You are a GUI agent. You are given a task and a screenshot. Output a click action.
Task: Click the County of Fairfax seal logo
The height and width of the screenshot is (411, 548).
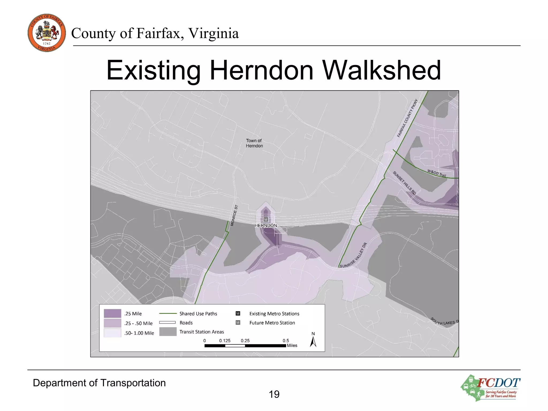tap(47, 33)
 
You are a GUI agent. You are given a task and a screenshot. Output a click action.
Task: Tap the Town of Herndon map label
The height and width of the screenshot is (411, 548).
tap(254, 143)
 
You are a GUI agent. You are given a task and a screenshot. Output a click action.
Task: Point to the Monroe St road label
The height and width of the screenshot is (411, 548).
tap(234, 215)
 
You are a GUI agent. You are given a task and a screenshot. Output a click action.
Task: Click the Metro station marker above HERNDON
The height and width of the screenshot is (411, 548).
tap(266, 219)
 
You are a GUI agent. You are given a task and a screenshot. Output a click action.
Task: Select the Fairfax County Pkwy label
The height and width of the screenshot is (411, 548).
tap(407, 118)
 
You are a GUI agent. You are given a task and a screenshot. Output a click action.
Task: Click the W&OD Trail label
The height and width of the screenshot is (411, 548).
tap(437, 173)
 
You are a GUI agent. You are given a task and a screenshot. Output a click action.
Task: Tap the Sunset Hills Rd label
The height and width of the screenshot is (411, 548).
tap(404, 183)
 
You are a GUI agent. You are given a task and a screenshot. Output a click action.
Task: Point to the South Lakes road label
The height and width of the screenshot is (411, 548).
tap(444, 321)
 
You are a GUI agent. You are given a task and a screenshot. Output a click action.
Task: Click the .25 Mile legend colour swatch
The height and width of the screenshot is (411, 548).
tap(112, 313)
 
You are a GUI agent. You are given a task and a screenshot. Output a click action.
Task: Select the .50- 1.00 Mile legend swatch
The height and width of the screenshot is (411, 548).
tap(112, 333)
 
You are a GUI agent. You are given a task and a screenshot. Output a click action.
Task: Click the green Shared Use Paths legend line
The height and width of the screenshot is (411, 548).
tap(168, 313)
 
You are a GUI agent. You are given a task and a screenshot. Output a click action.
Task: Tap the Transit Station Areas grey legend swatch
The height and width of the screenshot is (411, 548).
tap(168, 332)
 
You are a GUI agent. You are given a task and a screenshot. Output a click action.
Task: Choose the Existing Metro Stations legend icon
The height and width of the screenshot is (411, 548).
tap(238, 313)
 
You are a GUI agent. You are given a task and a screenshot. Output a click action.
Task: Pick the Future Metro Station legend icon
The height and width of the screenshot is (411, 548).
tap(238, 322)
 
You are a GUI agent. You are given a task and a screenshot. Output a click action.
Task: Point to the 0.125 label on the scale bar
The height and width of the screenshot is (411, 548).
tap(225, 341)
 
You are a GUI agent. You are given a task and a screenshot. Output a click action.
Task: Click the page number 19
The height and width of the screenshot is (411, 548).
tap(274, 394)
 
